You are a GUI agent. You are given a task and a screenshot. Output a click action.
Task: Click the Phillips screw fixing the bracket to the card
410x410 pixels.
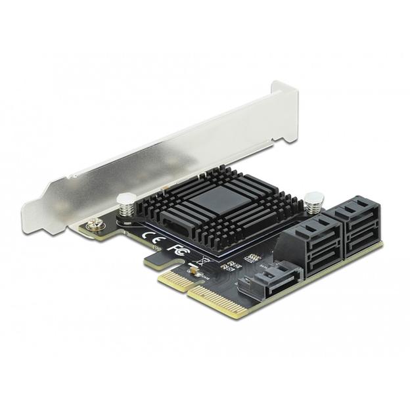[x=97, y=223]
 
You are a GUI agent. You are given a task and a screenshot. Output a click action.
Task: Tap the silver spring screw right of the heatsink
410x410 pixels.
[x=313, y=198]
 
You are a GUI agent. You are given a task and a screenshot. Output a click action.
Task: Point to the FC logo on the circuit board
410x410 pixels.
[x=176, y=248]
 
